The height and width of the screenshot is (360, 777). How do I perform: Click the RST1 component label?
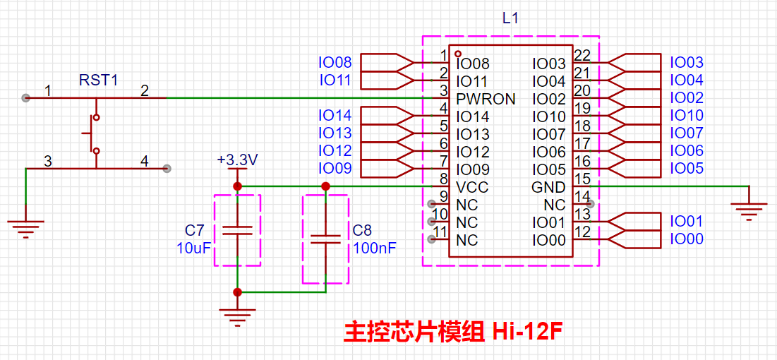click(98, 80)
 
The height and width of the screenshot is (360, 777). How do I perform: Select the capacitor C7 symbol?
click(237, 229)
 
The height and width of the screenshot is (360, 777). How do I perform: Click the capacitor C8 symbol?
click(325, 239)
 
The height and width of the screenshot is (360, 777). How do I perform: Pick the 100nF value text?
click(374, 248)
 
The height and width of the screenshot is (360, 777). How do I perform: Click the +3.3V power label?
click(238, 161)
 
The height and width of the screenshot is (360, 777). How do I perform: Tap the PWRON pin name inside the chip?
click(486, 99)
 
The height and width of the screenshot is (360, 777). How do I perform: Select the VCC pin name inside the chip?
click(472, 187)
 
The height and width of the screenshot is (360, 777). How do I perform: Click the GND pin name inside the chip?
click(548, 187)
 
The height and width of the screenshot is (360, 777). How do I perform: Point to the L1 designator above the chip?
click(510, 19)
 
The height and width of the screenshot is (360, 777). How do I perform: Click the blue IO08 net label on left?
click(335, 63)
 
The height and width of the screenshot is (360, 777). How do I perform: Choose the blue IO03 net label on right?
click(686, 63)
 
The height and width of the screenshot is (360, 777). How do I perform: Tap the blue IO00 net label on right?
click(686, 239)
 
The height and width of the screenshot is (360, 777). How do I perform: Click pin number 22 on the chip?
click(582, 56)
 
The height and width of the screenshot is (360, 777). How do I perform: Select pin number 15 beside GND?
click(582, 179)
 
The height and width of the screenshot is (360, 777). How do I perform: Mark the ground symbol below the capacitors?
click(237, 315)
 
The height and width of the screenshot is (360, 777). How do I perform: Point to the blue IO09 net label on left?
click(335, 169)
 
